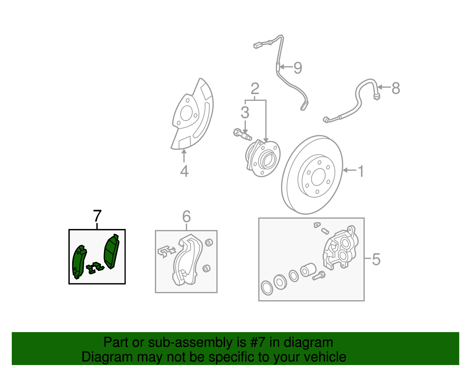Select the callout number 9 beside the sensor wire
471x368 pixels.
click(298, 68)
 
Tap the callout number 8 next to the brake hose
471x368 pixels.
click(396, 88)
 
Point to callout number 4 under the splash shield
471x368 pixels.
click(184, 171)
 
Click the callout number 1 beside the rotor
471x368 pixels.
click(361, 171)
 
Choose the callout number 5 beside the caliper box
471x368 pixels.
click(376, 259)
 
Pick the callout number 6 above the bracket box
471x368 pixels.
click(186, 217)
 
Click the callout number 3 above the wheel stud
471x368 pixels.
click(245, 113)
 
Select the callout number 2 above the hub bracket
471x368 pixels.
click(255, 88)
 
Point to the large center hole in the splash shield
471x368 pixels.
click(186, 114)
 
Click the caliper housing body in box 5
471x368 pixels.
click(341, 249)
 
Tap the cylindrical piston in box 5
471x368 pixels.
click(308, 270)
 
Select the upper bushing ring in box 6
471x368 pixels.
click(209, 242)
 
